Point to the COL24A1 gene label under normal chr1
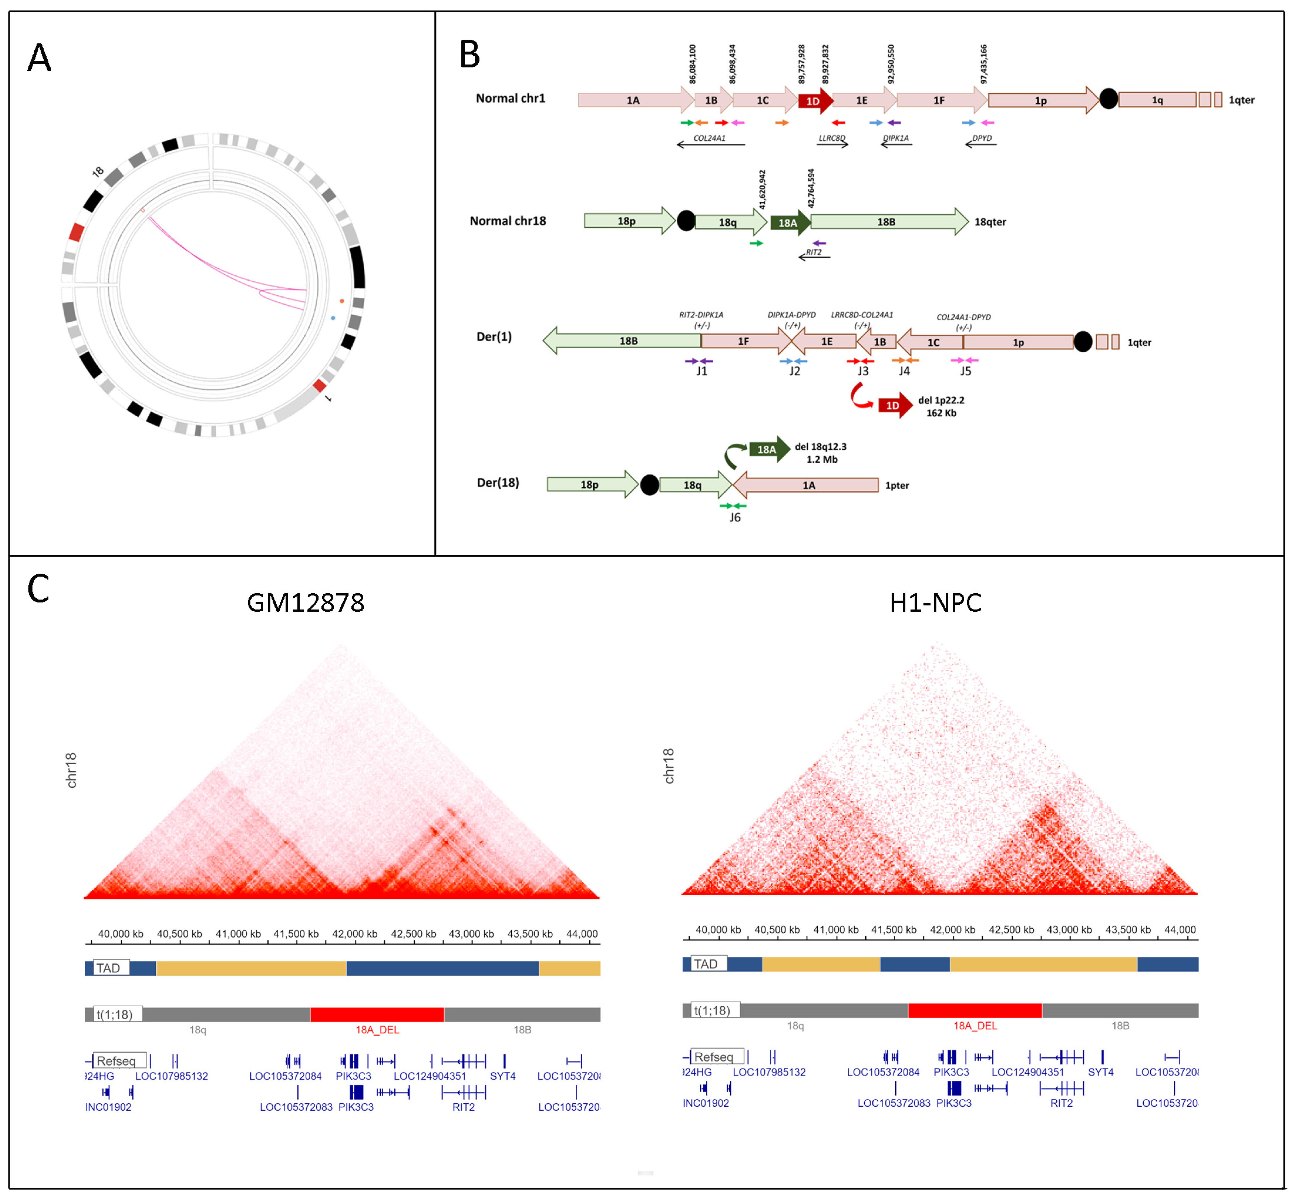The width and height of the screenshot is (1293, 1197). pos(709,138)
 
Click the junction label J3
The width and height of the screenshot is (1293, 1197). pos(863,371)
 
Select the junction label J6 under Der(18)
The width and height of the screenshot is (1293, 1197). pos(735,518)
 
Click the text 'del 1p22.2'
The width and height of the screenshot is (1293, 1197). pos(941,400)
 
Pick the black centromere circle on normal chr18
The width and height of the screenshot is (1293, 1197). pos(686,221)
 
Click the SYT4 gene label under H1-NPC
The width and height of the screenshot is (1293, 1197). pos(1100,1072)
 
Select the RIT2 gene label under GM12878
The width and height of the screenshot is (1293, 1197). pos(463,1107)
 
